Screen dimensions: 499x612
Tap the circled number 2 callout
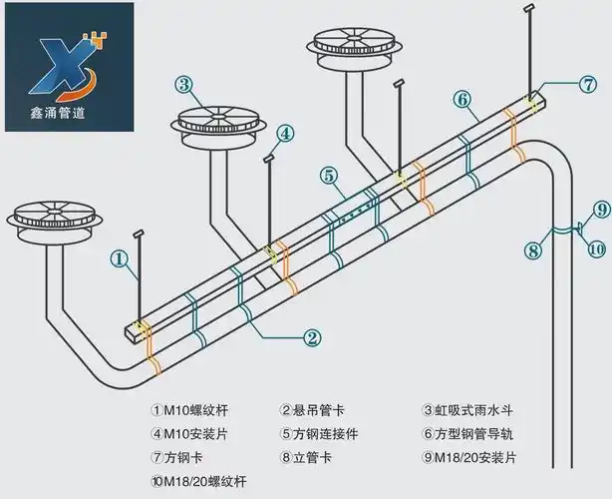coord(312,337)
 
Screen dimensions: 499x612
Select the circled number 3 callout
coord(184,85)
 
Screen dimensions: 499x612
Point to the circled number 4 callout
coord(285,133)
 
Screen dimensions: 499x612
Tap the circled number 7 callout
coord(588,85)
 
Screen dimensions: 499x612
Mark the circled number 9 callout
coord(599,209)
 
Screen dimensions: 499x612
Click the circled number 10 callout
coord(596,248)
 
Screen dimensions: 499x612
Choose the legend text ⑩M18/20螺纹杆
coord(198,481)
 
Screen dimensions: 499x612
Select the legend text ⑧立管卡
coord(308,458)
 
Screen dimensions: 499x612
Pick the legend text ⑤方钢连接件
coord(320,434)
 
